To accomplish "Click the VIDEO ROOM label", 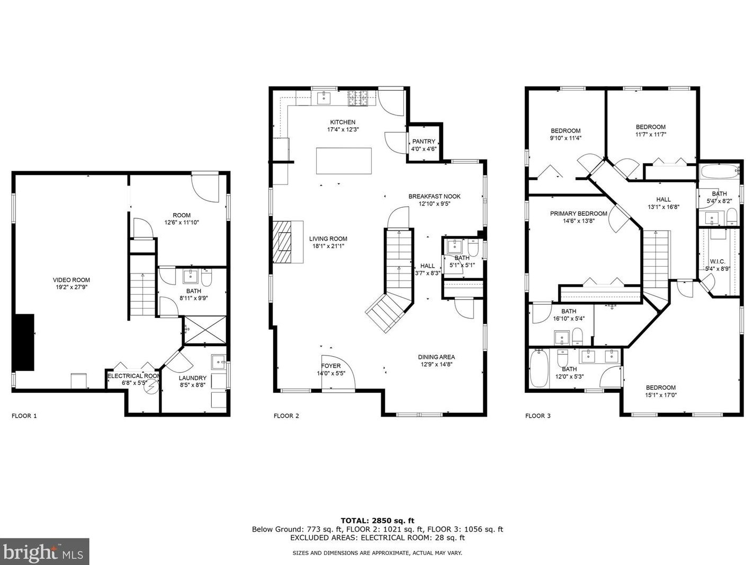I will click(71, 280).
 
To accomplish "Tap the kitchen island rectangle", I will click(344, 161).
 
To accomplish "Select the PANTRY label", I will click(424, 142).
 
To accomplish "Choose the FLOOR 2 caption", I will click(286, 416).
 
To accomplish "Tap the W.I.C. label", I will click(717, 262).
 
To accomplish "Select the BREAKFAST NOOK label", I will click(434, 197).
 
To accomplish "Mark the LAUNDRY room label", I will click(192, 378).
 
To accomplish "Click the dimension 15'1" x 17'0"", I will click(661, 395).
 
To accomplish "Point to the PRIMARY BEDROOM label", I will click(578, 214).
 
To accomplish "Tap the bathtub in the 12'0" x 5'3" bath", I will click(540, 368).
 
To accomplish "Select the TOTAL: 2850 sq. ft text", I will click(377, 520).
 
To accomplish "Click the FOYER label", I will click(331, 366).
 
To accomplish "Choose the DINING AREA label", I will click(436, 357).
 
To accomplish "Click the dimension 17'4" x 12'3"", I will click(343, 129).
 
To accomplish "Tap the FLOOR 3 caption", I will click(538, 416).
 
